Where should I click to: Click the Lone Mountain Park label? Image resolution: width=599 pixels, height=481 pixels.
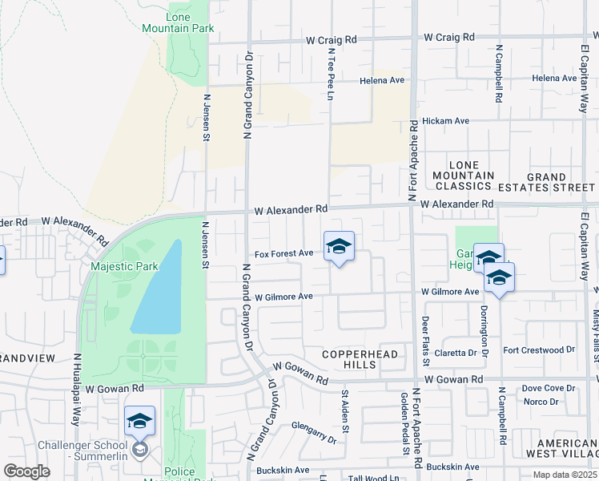pos(179,22)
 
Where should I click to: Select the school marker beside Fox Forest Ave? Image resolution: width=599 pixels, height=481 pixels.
pos(339,247)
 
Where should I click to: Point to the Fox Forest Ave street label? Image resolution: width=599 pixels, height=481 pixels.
pos(283,254)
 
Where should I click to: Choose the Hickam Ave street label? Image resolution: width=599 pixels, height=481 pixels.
pos(445,120)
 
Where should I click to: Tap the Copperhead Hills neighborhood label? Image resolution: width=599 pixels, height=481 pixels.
pos(349,359)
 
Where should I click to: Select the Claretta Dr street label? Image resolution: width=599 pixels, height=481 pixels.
pos(456,352)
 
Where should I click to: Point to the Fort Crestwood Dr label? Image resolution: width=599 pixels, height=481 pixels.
pos(539,350)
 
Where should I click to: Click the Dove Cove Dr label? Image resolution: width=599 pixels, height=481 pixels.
pos(548,388)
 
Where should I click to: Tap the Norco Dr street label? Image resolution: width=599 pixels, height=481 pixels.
pos(540,402)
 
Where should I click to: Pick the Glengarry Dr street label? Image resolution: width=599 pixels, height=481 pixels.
pos(314,433)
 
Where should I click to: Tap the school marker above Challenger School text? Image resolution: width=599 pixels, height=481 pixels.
pos(139,421)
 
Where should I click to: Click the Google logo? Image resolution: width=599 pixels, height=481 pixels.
pos(26,471)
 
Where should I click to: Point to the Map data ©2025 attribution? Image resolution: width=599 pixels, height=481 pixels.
pos(565,475)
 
